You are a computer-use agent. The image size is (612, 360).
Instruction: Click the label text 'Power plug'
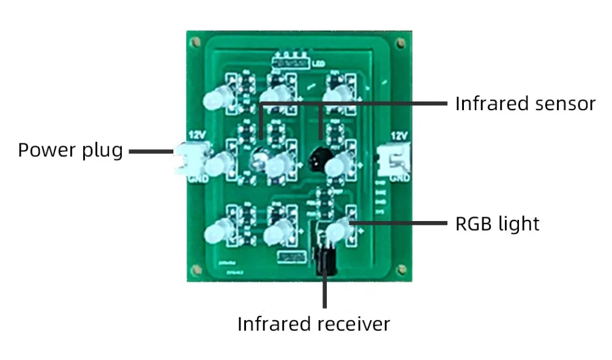coord(70,150)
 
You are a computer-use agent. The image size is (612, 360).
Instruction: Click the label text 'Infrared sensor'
coord(524,103)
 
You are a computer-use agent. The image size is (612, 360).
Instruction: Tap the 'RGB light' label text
coord(497,223)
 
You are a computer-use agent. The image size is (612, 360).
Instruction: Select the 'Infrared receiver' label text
coord(313,323)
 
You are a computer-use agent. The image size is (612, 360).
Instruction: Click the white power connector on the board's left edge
coord(185,160)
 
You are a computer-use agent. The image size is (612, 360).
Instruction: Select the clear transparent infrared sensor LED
coord(259,160)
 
